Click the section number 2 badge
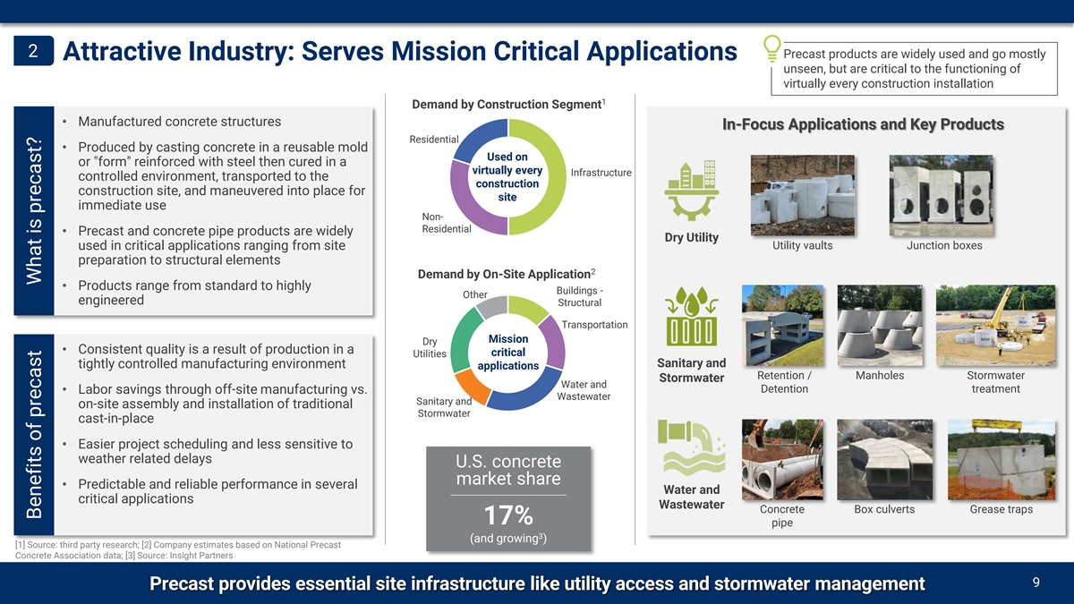click(34, 50)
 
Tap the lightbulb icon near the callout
click(771, 48)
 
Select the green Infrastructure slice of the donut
click(538, 177)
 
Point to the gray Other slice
click(493, 307)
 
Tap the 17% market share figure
click(508, 515)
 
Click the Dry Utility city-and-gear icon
click(691, 191)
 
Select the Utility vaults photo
click(803, 195)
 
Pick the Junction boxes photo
click(942, 195)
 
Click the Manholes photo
click(880, 326)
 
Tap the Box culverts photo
click(884, 460)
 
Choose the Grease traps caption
click(1002, 509)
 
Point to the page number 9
click(1036, 583)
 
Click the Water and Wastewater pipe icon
click(691, 447)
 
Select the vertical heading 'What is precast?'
click(34, 211)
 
